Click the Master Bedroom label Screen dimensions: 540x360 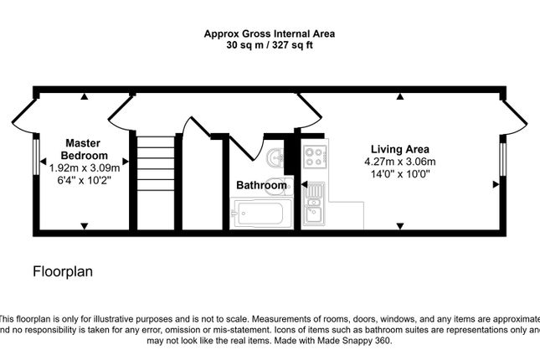[84, 149]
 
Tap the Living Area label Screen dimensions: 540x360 [400, 149]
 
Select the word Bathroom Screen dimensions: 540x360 [261, 185]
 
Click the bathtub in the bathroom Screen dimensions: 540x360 [261, 213]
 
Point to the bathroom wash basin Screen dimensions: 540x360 [275, 157]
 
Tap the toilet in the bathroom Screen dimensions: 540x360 [279, 187]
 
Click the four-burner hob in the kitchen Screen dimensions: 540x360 [315, 157]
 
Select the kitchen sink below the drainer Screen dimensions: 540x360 [313, 214]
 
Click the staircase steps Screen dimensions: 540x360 [156, 163]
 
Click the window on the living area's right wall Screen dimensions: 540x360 [503, 159]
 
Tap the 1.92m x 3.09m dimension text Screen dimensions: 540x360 [85, 168]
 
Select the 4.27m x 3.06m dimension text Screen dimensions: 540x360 [400, 162]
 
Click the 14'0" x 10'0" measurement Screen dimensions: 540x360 [400, 173]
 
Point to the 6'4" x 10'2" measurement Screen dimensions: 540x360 [85, 180]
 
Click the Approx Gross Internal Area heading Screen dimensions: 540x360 [270, 33]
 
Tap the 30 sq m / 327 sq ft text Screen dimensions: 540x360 [270, 45]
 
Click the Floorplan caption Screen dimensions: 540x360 [63, 271]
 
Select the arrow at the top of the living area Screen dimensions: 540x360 [399, 96]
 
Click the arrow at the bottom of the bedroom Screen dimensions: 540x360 [85, 226]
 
